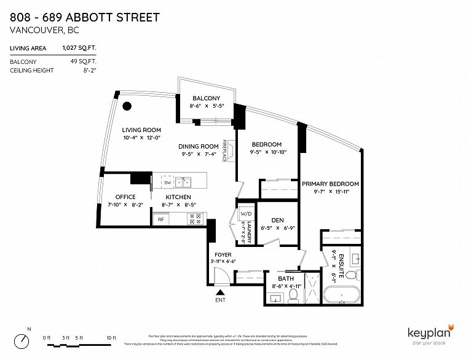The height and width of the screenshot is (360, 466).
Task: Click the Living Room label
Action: coord(141,130)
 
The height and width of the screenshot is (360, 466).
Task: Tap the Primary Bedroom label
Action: coord(330,184)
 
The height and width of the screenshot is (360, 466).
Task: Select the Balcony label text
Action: coord(206,98)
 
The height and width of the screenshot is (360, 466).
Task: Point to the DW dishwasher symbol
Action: coord(167,182)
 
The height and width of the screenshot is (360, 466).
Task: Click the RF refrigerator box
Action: coord(161,218)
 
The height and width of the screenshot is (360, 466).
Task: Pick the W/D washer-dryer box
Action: coord(246,214)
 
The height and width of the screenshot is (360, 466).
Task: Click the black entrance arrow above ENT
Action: coord(220,292)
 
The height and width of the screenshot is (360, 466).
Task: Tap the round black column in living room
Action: coord(127,106)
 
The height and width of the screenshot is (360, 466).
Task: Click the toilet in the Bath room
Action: coord(293,296)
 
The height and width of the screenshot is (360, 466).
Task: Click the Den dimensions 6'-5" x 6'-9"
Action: coord(277,227)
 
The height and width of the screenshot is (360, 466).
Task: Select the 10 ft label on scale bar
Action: coord(111,338)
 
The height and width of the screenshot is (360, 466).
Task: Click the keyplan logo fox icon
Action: coord(451,325)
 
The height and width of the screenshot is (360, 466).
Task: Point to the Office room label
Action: coord(125,197)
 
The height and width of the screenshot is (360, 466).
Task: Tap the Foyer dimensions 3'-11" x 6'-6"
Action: coord(223,262)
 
